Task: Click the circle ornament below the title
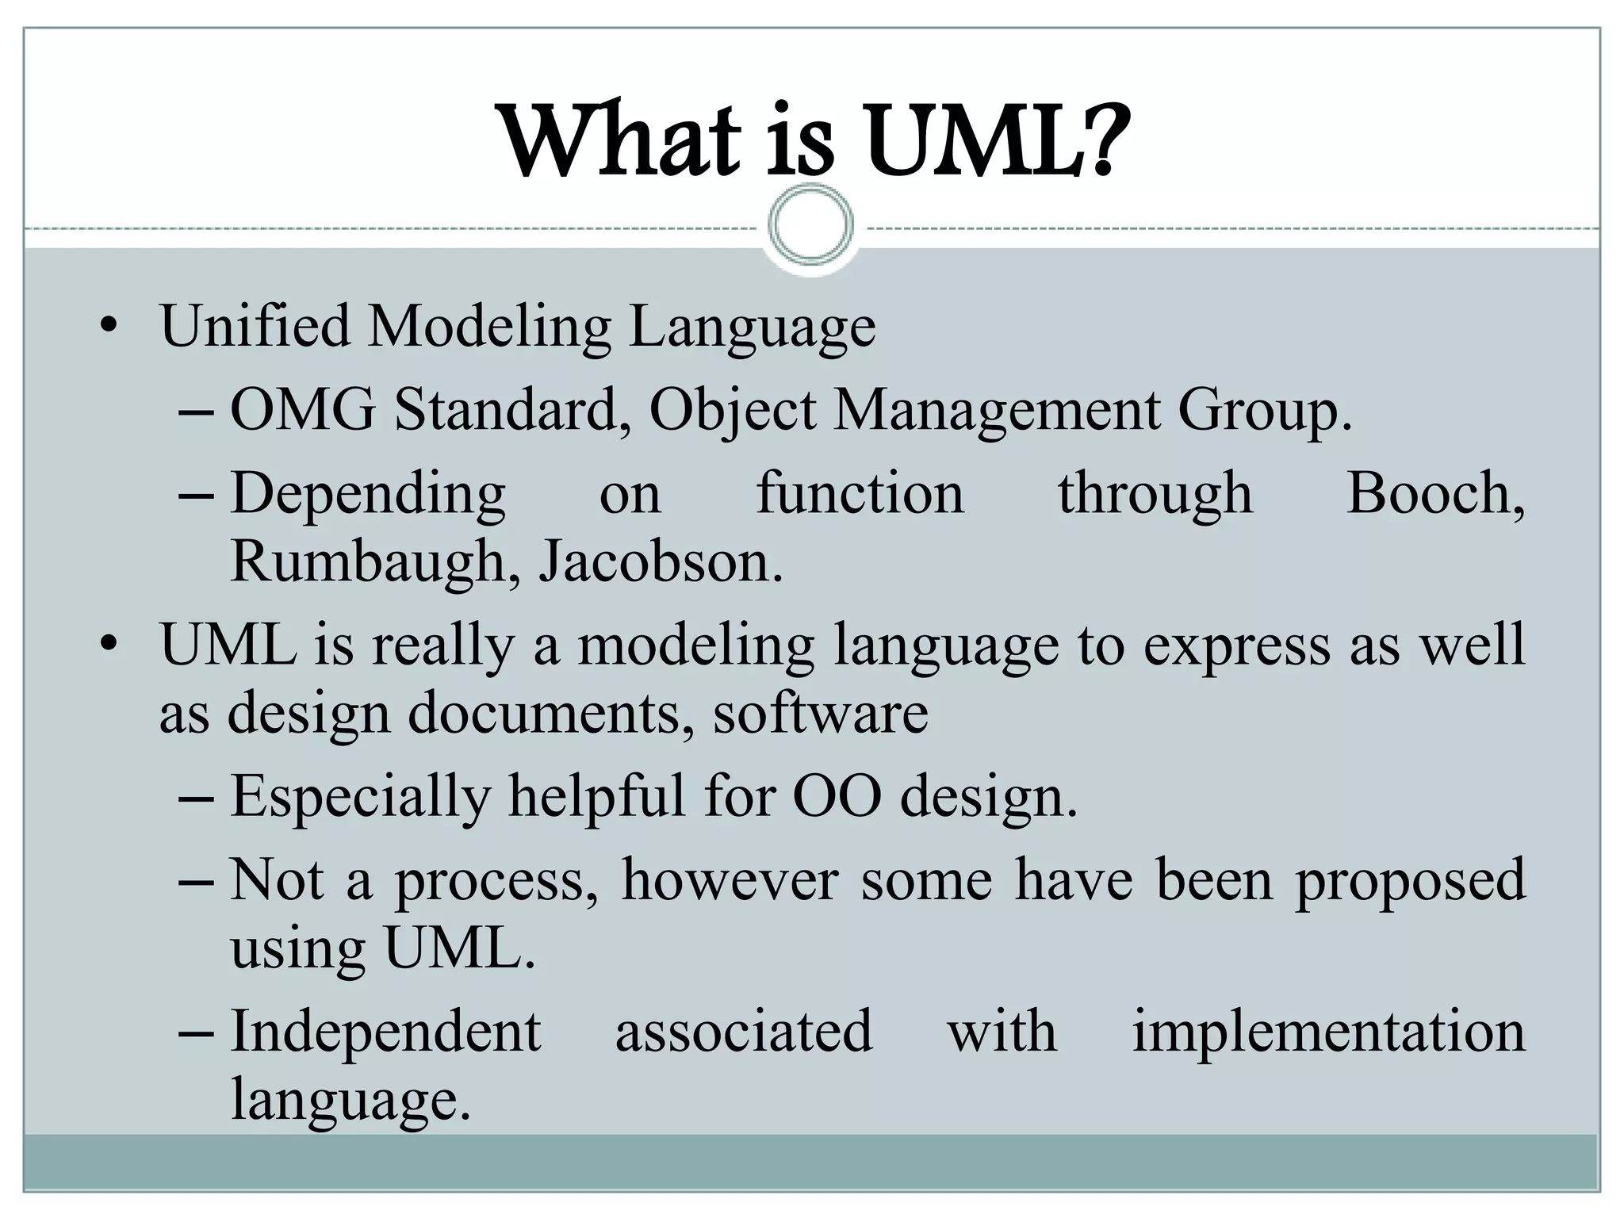click(811, 225)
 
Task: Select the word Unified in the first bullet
click(255, 326)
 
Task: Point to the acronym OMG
click(302, 410)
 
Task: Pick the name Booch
click(1434, 493)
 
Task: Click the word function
click(860, 493)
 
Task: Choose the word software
click(820, 713)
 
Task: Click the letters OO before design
click(837, 796)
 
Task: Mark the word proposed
click(1410, 881)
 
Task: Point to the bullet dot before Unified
click(109, 326)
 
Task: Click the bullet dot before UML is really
click(109, 645)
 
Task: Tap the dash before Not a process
click(196, 880)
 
